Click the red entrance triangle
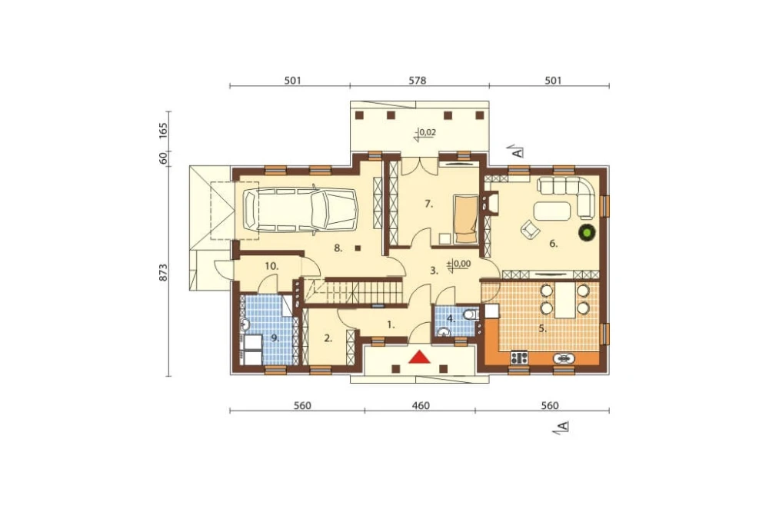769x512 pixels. [x=420, y=357]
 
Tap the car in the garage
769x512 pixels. [x=301, y=209]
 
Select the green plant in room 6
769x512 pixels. [x=586, y=232]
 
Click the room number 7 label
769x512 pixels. [x=428, y=204]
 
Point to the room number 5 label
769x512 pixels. [x=542, y=328]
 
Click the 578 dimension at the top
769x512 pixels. [x=418, y=81]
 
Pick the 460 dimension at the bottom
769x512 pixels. [x=421, y=406]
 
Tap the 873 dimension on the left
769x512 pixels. [x=163, y=273]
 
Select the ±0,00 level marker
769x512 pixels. [x=458, y=264]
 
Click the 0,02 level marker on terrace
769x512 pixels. [x=424, y=133]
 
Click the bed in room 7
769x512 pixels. [x=465, y=219]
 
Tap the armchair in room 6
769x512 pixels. [x=530, y=229]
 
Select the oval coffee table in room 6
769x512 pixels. [x=553, y=211]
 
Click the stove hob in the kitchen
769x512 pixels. [x=519, y=357]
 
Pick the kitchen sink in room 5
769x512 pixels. [x=564, y=358]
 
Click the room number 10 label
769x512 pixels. [x=271, y=266]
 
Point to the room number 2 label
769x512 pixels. [x=328, y=338]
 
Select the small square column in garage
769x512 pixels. [x=358, y=248]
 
